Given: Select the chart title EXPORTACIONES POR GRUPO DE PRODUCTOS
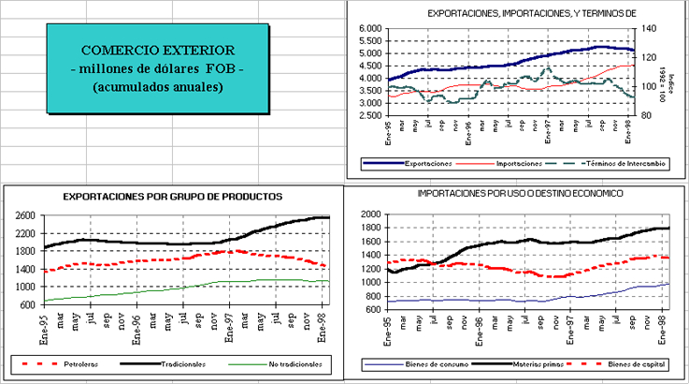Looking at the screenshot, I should (x=172, y=197).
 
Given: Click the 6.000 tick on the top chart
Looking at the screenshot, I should (x=371, y=29).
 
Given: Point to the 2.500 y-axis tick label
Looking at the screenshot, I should (x=371, y=115).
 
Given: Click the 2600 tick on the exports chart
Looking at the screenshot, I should (x=24, y=215).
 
